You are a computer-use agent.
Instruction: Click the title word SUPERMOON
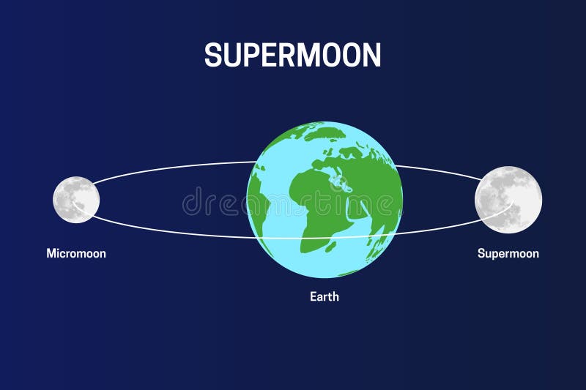(292, 55)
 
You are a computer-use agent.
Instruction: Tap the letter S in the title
(213, 55)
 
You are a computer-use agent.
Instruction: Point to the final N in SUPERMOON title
(371, 55)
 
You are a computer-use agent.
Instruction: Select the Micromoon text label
(76, 253)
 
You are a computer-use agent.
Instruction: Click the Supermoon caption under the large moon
(508, 253)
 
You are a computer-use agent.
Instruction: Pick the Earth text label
(324, 297)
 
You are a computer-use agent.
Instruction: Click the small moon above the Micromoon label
(76, 199)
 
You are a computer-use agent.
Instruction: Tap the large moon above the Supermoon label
(508, 199)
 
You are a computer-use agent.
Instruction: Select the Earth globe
(324, 199)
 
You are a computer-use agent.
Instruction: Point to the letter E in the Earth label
(312, 297)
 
